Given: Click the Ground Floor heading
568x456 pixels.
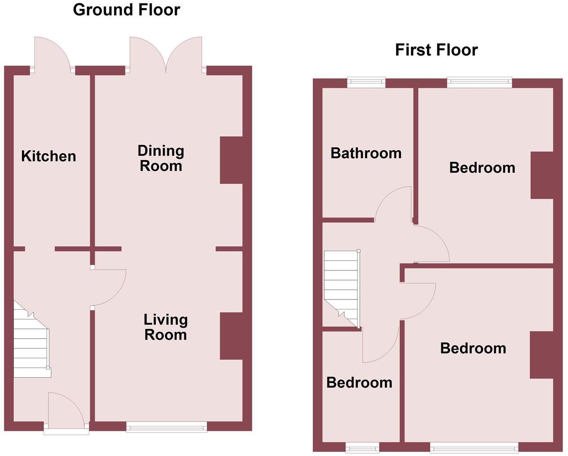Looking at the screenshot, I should (x=127, y=10).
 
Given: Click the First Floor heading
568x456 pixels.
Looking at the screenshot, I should (x=436, y=50).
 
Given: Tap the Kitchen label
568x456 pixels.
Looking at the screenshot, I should (x=48, y=156).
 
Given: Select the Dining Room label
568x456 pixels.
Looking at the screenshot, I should (x=161, y=158).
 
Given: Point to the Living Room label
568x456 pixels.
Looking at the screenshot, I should (x=165, y=327).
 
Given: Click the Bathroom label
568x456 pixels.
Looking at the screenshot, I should (x=366, y=153).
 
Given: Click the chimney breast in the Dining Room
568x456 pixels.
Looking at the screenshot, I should (x=231, y=160).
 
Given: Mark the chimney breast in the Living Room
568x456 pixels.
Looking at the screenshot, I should (x=231, y=336).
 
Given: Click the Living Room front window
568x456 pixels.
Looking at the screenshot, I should (x=166, y=426).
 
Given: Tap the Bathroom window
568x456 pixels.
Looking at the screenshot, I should (x=367, y=82).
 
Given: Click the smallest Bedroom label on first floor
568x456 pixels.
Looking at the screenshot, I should (x=359, y=382).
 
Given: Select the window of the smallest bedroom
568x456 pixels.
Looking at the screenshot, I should (x=363, y=447).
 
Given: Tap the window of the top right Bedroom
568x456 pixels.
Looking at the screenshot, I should (x=479, y=82).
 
